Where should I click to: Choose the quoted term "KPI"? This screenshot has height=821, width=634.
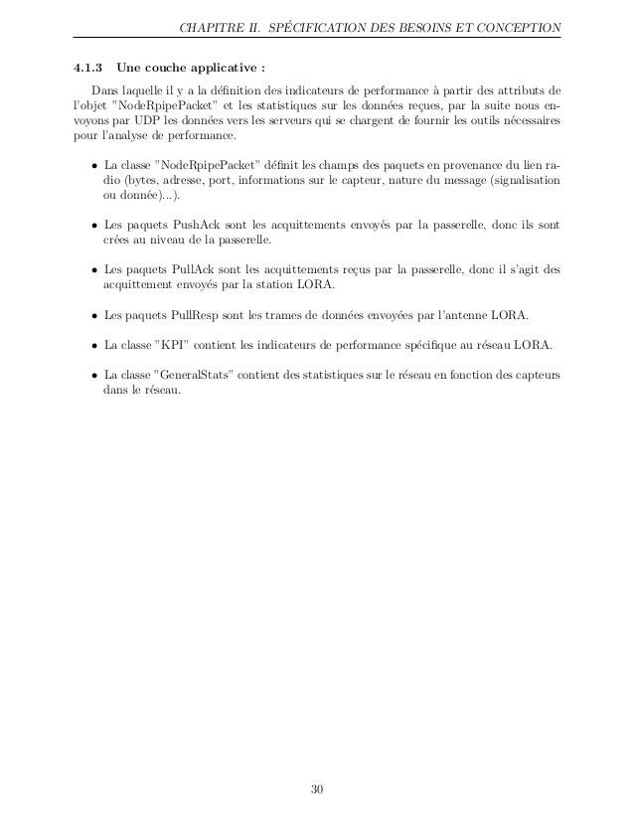pos(167,346)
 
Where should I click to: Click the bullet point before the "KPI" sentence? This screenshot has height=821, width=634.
pos(92,347)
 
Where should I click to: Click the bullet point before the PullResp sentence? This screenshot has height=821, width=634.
pos(92,316)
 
